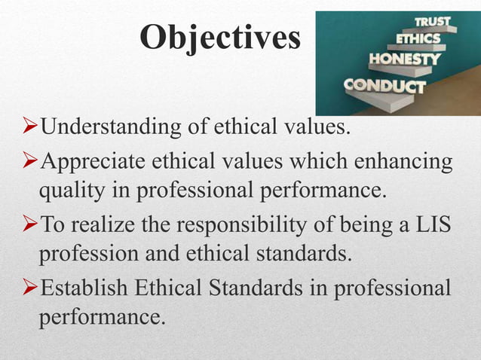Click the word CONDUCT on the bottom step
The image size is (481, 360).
384,86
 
